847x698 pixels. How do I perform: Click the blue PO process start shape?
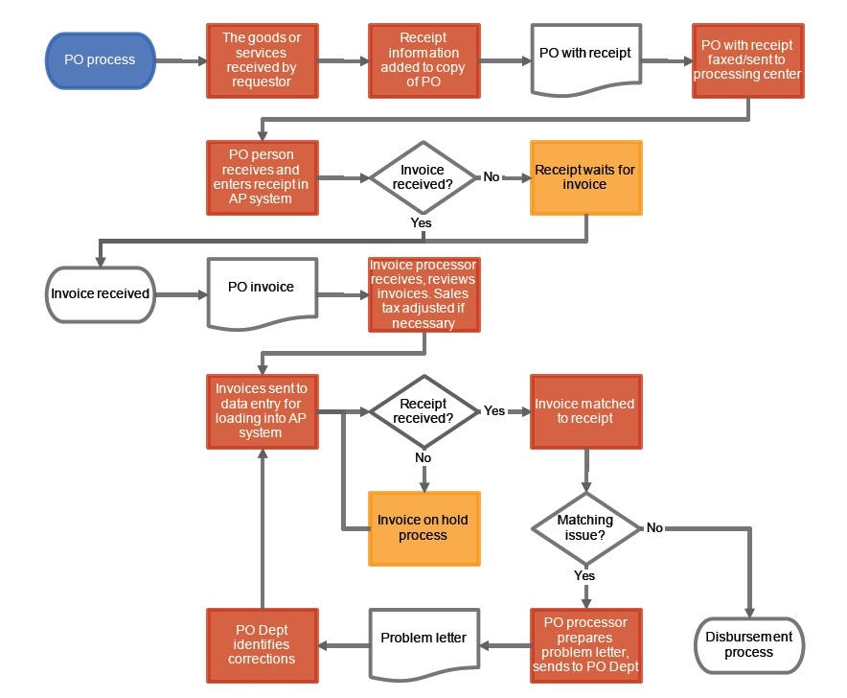pyautogui.click(x=100, y=60)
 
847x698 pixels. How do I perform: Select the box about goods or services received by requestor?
pyautogui.click(x=261, y=60)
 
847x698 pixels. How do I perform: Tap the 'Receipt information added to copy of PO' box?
pyautogui.click(x=423, y=60)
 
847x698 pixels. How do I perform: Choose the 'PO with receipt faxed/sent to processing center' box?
pyautogui.click(x=747, y=60)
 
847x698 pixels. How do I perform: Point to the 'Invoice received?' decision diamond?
pyautogui.click(x=423, y=177)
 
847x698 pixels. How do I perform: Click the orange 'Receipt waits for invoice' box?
pyautogui.click(x=585, y=177)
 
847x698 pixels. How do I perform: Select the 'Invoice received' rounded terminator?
pyautogui.click(x=100, y=293)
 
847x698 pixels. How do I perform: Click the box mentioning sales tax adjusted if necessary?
pyautogui.click(x=423, y=293)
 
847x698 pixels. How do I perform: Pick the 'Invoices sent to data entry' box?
pyautogui.click(x=261, y=411)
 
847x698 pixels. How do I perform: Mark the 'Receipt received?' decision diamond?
pyautogui.click(x=423, y=411)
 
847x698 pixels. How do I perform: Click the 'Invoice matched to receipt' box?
pyautogui.click(x=585, y=411)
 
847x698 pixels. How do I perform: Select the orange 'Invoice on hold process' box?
pyautogui.click(x=423, y=528)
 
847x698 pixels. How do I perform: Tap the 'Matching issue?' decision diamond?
pyautogui.click(x=585, y=528)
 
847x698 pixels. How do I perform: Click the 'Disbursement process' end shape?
pyautogui.click(x=747, y=645)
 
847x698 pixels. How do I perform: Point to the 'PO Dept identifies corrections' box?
pyautogui.click(x=261, y=645)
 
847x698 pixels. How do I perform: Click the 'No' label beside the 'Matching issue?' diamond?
pyautogui.click(x=654, y=528)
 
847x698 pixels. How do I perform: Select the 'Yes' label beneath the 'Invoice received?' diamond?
pyautogui.click(x=421, y=222)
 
